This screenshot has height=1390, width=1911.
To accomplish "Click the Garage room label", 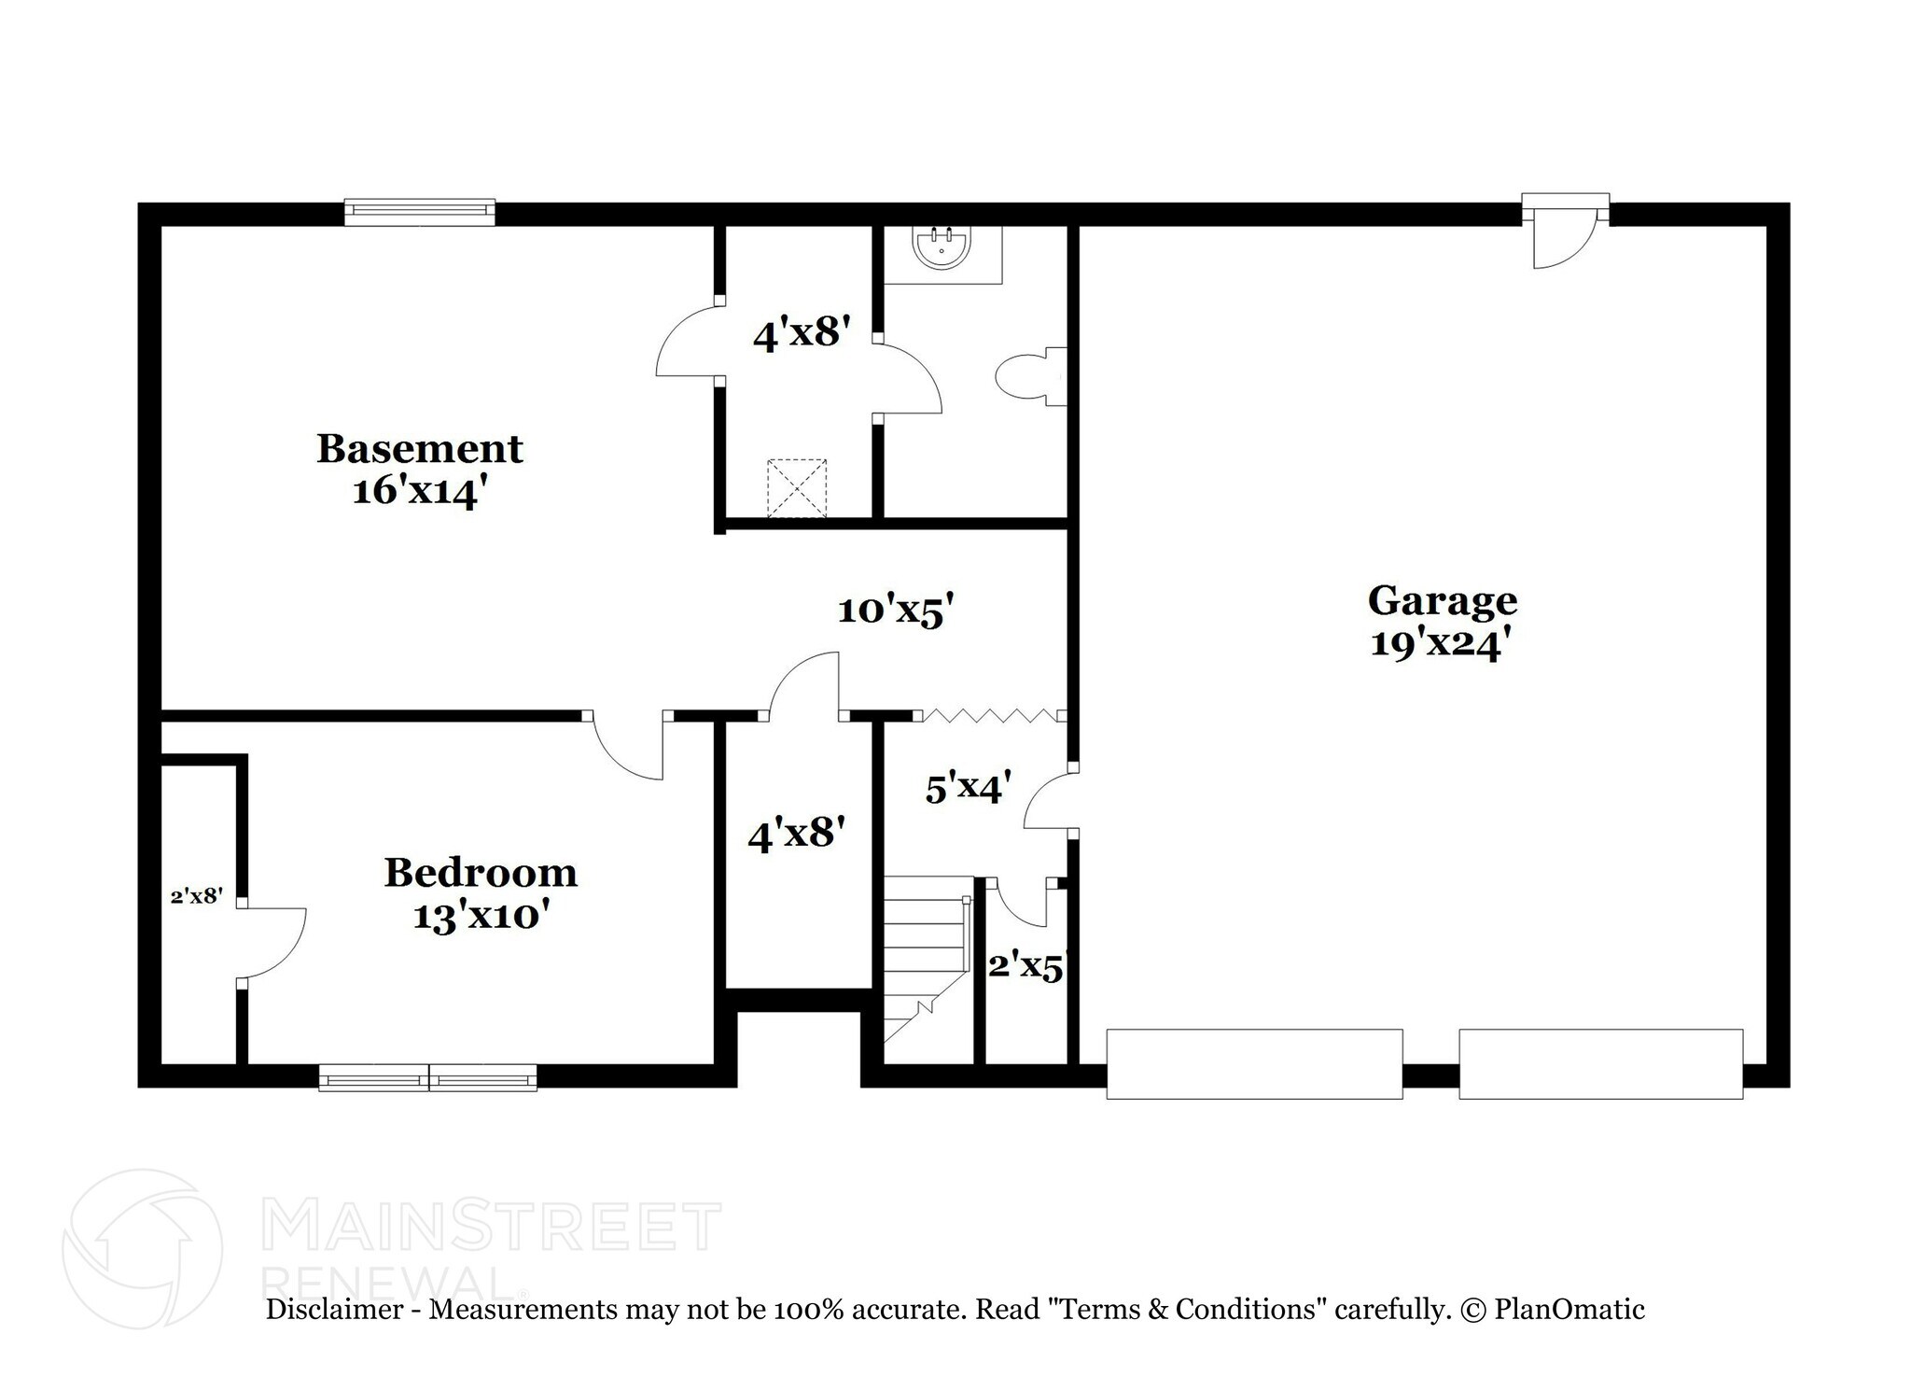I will click(x=1442, y=600).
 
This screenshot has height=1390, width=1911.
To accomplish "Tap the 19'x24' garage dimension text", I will click(x=1440, y=643).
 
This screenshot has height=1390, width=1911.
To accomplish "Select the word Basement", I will click(x=419, y=449).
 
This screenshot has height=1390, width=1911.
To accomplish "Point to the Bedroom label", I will click(x=481, y=873).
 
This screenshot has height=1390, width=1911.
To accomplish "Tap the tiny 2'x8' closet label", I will click(x=197, y=896).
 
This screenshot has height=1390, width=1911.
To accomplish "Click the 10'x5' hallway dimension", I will click(x=896, y=611).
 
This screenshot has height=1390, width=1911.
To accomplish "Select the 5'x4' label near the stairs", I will click(x=968, y=789).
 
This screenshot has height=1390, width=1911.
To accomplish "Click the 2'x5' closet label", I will click(x=1025, y=966).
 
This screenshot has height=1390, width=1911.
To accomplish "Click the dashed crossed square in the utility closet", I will click(x=796, y=487).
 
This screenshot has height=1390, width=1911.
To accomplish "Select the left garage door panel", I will click(x=1254, y=1063).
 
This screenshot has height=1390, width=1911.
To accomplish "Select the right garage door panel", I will click(x=1600, y=1063).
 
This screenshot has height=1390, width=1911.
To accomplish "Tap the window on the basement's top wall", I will click(x=419, y=212).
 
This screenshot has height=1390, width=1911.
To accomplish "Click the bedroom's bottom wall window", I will click(x=427, y=1077).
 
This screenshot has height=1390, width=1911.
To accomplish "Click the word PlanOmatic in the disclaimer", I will click(x=1569, y=1310).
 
